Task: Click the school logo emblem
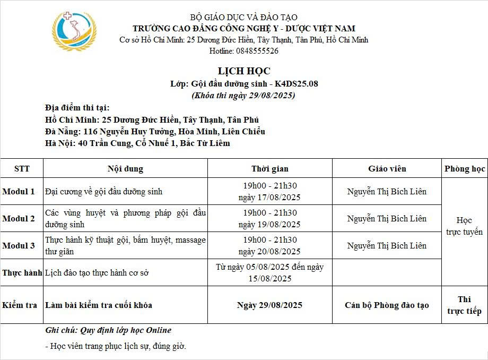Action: click(74, 31)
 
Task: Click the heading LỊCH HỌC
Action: click(244, 71)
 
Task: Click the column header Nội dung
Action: click(125, 169)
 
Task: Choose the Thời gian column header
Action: click(270, 169)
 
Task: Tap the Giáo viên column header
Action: click(387, 169)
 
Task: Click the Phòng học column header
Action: click(465, 169)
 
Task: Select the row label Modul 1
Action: click(19, 191)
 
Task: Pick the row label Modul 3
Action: click(19, 245)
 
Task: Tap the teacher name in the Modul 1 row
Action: click(387, 191)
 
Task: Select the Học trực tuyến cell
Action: click(464, 226)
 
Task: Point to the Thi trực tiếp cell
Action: click(464, 305)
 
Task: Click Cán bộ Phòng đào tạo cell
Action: click(387, 305)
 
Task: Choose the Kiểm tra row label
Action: click(20, 305)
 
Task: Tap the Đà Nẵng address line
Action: click(155, 132)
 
